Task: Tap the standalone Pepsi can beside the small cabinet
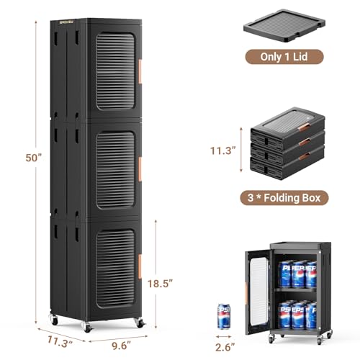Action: click(x=224, y=316)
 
